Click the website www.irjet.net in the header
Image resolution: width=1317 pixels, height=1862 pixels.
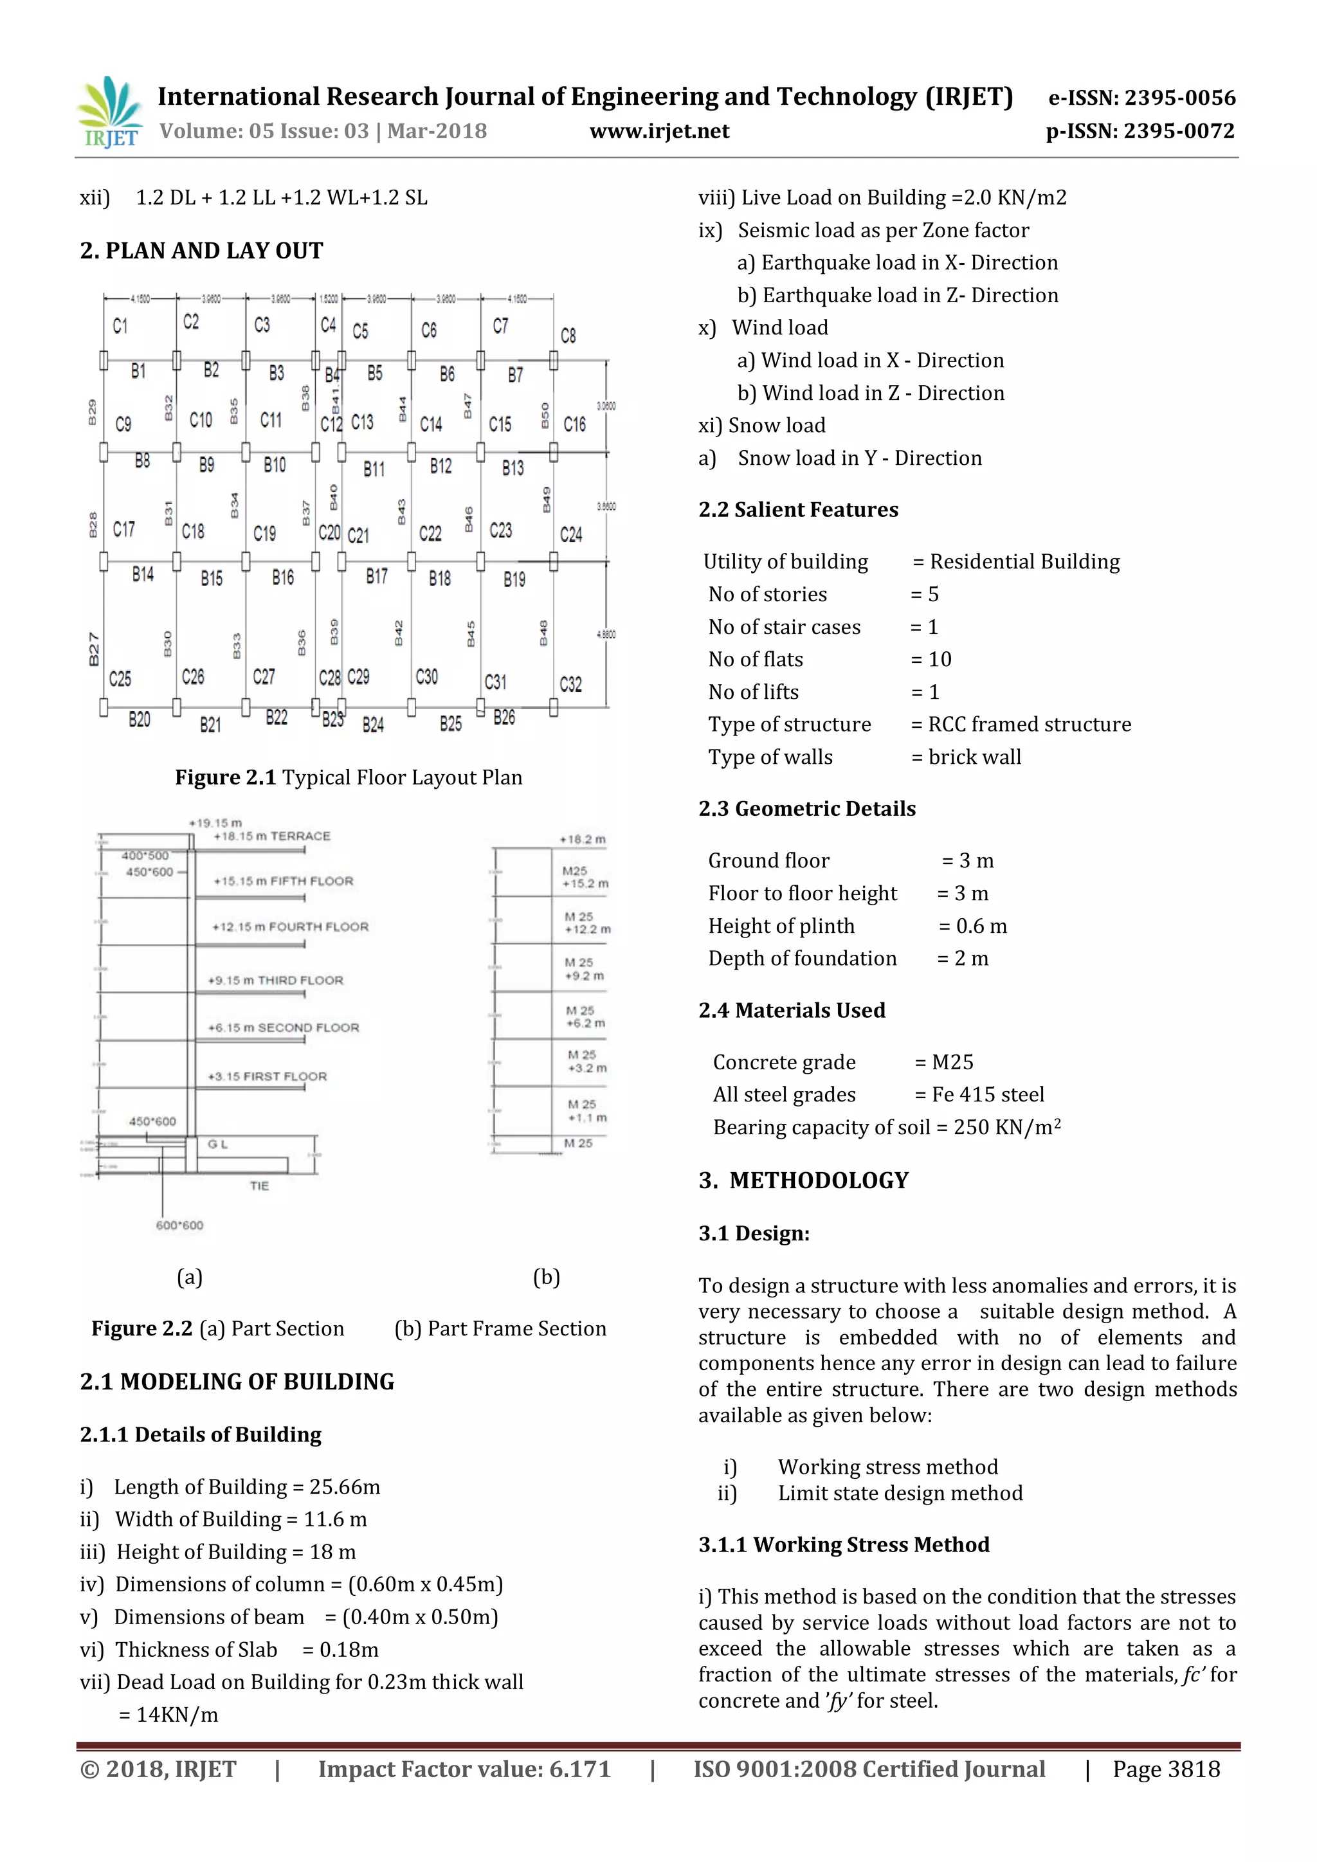658,131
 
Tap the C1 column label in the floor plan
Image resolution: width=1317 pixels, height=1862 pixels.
120,326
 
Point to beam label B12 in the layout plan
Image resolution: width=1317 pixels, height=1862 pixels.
441,465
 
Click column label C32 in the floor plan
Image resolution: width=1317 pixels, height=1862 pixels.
570,683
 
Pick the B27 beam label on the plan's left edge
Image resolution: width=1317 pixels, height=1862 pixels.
94,649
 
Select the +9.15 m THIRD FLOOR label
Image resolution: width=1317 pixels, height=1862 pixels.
275,981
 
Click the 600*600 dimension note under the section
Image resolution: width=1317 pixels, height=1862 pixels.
179,1225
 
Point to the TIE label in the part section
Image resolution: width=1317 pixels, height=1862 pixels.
259,1186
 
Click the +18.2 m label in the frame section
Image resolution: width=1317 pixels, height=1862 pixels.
582,839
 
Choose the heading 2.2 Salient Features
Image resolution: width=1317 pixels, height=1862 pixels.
798,509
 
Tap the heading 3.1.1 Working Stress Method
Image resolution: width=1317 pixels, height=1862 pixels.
844,1544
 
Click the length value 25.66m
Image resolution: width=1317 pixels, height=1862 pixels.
345,1487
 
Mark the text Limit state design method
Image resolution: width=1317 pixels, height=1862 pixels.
900,1493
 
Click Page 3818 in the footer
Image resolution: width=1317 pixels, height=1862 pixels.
1165,1769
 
